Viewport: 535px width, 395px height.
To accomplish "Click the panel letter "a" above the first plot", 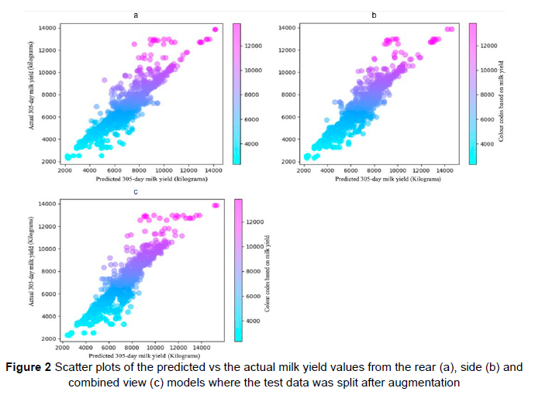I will click(x=136, y=15).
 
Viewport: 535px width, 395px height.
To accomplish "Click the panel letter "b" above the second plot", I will click(x=374, y=15).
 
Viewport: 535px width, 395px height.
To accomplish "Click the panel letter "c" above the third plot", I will click(x=136, y=191).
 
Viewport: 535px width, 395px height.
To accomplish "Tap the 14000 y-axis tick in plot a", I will click(x=47, y=29).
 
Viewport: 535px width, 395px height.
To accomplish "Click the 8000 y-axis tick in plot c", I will click(x=49, y=271).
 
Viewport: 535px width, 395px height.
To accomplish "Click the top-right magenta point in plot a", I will click(x=215, y=29).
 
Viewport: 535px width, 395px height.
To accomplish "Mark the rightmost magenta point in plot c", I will click(x=216, y=205).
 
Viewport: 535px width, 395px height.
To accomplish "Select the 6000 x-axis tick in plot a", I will click(x=114, y=170).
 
